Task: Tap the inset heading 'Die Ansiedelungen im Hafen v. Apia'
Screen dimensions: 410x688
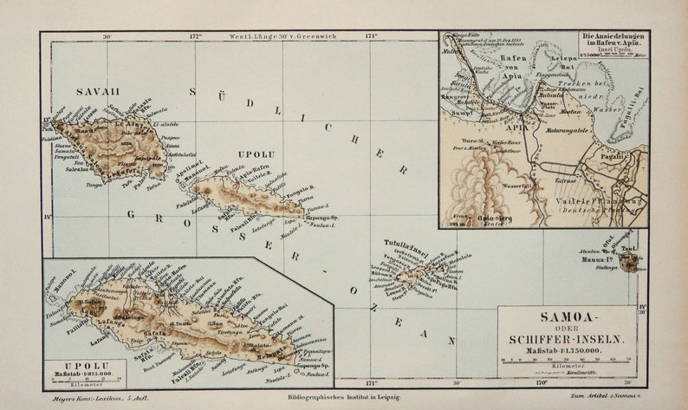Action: pyautogui.click(x=612, y=42)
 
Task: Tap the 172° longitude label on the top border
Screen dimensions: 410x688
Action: pyautogui.click(x=195, y=36)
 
